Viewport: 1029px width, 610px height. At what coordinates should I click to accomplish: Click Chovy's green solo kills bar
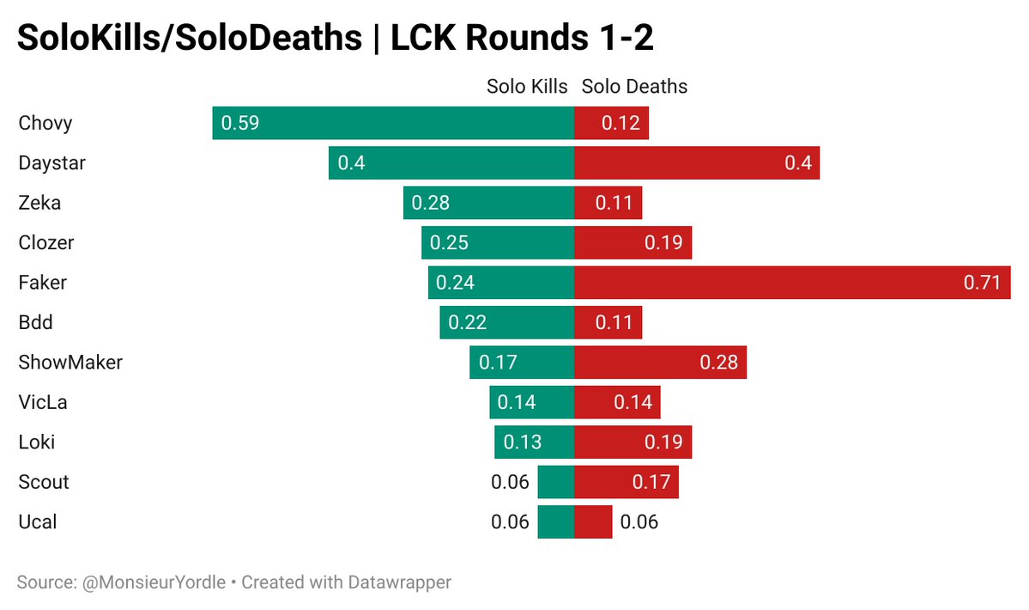(x=393, y=123)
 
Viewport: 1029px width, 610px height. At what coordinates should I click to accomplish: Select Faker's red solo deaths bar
(x=791, y=283)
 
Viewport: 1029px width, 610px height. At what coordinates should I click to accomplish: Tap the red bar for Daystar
(x=696, y=162)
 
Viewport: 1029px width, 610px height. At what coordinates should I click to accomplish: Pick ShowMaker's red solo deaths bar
(x=660, y=363)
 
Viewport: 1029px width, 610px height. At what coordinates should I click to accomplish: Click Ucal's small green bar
(x=555, y=522)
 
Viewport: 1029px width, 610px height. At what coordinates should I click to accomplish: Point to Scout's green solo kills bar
(x=555, y=482)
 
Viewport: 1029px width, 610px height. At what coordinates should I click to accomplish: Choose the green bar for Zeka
(x=488, y=203)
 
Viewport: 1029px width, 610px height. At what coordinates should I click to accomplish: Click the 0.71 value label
(x=982, y=283)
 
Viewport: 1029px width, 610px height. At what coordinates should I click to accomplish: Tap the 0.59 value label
(x=240, y=123)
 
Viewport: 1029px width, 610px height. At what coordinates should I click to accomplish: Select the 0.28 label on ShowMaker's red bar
(x=718, y=363)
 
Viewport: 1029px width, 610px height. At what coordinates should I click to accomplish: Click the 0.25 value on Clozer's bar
(x=449, y=243)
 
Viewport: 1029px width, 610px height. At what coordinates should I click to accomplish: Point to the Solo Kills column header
(x=527, y=87)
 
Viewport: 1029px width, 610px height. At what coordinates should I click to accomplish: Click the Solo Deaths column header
(x=634, y=87)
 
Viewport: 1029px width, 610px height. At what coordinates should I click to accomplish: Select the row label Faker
(x=42, y=283)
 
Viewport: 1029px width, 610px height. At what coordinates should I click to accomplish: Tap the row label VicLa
(x=42, y=402)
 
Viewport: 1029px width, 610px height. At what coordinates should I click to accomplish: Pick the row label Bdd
(x=35, y=322)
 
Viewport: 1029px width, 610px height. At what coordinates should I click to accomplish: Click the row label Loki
(x=37, y=442)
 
